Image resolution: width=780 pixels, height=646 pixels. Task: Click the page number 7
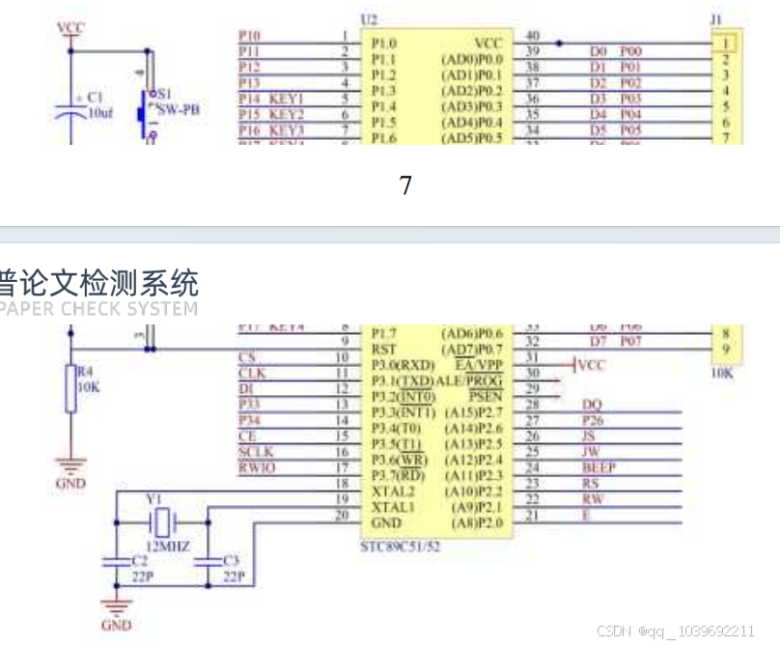pyautogui.click(x=405, y=185)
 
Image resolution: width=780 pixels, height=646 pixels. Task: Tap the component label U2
pyautogui.click(x=368, y=19)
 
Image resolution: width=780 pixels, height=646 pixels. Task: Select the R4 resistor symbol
pyautogui.click(x=70, y=389)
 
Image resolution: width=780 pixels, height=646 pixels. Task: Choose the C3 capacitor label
pyautogui.click(x=230, y=561)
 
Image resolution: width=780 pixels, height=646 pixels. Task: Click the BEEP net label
pyautogui.click(x=599, y=467)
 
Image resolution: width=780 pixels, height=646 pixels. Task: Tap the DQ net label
pyautogui.click(x=593, y=405)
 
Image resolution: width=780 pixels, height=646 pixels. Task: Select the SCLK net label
pyautogui.click(x=256, y=452)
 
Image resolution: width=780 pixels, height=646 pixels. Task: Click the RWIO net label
pyautogui.click(x=257, y=467)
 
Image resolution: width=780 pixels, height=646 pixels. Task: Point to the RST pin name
pyautogui.click(x=383, y=342)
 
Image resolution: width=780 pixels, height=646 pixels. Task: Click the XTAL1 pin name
pyautogui.click(x=393, y=506)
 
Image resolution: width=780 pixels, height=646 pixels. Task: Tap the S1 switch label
pyautogui.click(x=163, y=95)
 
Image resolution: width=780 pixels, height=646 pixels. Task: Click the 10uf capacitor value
pyautogui.click(x=100, y=113)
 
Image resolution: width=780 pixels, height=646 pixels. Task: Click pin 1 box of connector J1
pyautogui.click(x=724, y=43)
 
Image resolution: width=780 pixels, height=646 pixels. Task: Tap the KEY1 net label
pyautogui.click(x=287, y=98)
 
